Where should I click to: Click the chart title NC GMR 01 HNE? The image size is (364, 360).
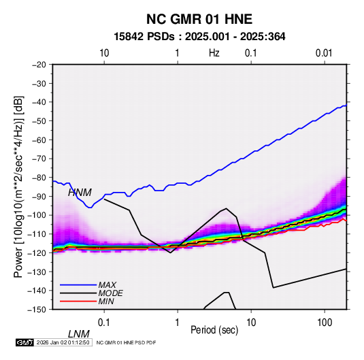click(199, 19)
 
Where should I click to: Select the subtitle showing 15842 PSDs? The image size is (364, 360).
click(199, 37)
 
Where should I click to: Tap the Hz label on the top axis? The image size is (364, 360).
click(214, 53)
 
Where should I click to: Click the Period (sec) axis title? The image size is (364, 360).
click(214, 330)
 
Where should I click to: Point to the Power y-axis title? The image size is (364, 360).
click(18, 186)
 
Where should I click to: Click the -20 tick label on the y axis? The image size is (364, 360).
click(39, 65)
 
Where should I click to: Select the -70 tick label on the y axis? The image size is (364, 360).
click(39, 159)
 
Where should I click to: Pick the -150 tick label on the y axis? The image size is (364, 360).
click(37, 310)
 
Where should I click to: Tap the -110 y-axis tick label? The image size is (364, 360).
click(37, 234)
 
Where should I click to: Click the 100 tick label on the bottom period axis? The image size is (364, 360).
click(325, 323)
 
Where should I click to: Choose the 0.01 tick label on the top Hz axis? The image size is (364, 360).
click(324, 53)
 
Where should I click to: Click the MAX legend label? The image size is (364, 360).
click(107, 285)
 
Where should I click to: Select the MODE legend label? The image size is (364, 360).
click(110, 293)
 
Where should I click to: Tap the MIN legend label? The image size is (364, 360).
click(106, 301)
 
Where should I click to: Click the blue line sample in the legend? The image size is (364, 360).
click(78, 285)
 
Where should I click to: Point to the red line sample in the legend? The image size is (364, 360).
click(78, 301)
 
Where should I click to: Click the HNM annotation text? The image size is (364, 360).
click(80, 193)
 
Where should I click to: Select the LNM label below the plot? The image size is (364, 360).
click(79, 334)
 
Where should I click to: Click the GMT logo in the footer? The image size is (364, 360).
click(25, 342)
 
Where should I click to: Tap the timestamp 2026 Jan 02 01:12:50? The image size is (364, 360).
click(63, 342)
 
